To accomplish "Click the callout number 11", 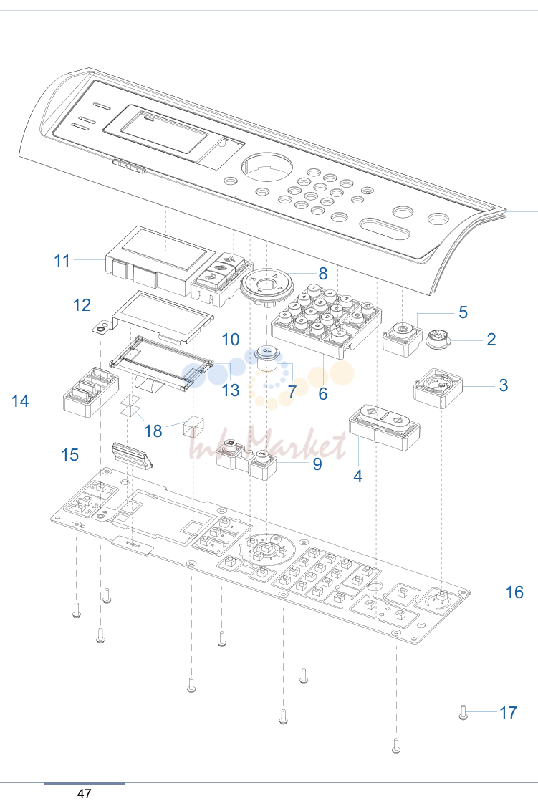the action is pos(62,261).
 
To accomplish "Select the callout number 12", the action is pos(82,305).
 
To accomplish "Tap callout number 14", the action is pos(21,401).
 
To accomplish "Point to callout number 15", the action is pos(70,454).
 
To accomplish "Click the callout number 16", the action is pos(514,592).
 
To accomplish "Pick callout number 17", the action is pos(508,712).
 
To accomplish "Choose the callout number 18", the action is pos(153,431).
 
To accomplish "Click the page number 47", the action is pos(85,793).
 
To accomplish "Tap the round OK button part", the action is pos(266,358).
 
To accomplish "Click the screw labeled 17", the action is pos(463,713).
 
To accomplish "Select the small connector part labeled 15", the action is pos(132,454).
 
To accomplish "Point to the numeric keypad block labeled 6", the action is pos(327,320).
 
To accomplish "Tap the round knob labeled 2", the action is pos(439,338).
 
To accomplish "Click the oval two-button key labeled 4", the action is pos(385,426).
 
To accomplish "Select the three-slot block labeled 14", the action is pos(90,391).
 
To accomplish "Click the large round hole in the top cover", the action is pos(267,167).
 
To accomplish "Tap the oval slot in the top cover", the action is pos(385,227).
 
